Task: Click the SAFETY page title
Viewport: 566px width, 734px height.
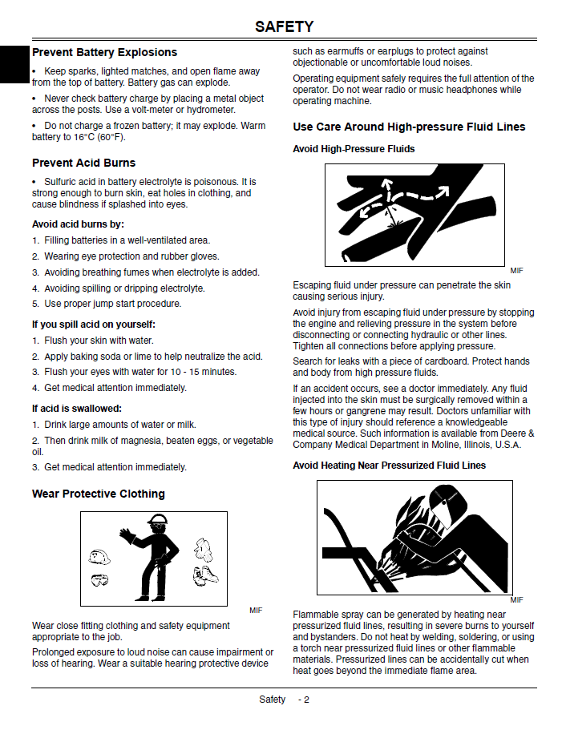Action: pos(284,26)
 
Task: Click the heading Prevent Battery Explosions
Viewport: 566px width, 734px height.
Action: pos(104,52)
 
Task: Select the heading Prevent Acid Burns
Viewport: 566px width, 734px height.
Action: pos(84,163)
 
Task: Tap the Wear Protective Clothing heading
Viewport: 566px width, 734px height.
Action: pos(99,494)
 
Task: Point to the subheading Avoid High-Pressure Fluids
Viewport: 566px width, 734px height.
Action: pos(354,149)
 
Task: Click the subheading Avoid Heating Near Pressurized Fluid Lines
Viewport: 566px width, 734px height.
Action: pos(389,466)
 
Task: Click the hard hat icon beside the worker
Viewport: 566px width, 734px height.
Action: pos(99,557)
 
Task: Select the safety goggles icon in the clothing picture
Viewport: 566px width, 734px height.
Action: pos(99,580)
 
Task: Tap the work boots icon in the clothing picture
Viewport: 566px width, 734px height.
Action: pos(205,576)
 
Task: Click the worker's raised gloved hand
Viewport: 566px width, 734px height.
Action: pos(127,535)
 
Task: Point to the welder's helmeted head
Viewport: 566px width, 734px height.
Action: pos(447,502)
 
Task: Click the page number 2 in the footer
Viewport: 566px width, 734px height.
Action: pos(306,700)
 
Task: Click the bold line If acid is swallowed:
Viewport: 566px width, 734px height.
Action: pos(77,409)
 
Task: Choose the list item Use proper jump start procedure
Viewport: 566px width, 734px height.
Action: pos(113,304)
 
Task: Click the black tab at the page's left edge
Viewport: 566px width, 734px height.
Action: pos(14,65)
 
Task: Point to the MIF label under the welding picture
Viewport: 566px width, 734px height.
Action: pos(517,600)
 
